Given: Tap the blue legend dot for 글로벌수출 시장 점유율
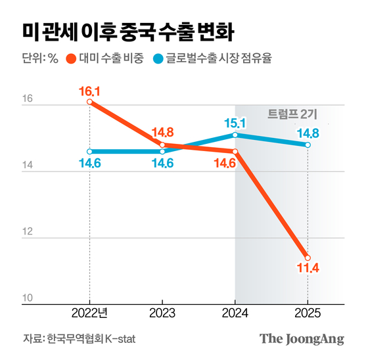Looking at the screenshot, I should (159, 58).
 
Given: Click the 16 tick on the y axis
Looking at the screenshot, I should (28, 100).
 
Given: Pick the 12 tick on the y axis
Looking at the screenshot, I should (28, 233).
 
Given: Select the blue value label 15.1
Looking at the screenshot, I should (235, 122).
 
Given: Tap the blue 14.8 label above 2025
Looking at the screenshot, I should (308, 133).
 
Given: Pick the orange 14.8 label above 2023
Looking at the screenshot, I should (162, 131).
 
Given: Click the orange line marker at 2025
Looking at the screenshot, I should (308, 258).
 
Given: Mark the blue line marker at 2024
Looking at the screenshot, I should (235, 135).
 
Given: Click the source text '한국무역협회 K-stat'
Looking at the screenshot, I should (92, 338).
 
